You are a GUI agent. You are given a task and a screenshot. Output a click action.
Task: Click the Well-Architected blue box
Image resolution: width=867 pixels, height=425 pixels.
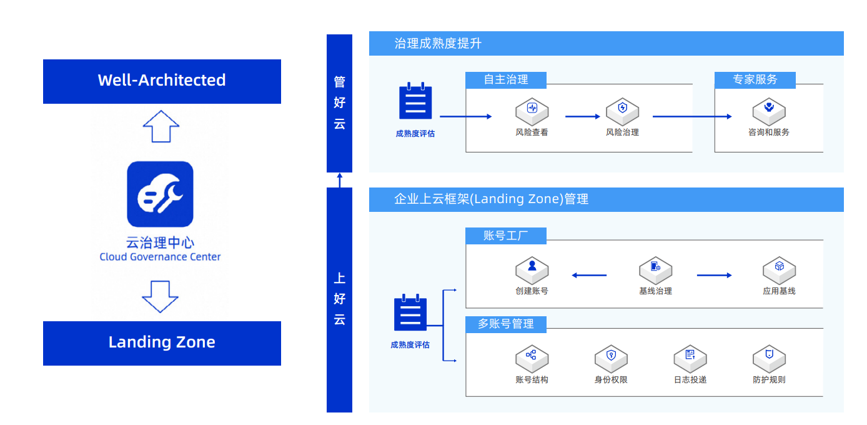[x=162, y=81]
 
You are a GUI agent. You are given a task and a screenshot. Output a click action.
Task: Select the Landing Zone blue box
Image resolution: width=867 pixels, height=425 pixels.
[x=162, y=342]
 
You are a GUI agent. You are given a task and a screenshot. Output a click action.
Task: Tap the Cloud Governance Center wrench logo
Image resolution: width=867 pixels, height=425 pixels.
[x=160, y=194]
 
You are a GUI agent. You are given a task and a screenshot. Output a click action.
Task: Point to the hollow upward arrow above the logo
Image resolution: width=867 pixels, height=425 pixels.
[x=161, y=126]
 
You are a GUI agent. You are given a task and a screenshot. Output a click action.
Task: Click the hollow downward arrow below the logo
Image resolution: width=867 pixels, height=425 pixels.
[x=161, y=296]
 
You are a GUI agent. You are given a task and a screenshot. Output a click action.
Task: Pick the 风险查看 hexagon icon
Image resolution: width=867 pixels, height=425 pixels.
[x=532, y=110]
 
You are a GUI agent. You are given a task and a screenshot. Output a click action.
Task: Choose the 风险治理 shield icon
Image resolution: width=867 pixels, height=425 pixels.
[x=622, y=110]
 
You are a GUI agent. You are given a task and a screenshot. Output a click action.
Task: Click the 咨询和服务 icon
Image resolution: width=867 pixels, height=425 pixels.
[x=768, y=110]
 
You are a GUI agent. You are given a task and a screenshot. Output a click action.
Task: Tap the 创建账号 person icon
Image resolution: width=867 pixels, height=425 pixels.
[x=532, y=269]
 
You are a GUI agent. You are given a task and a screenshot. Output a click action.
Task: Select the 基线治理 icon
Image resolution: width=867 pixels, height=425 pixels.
[x=655, y=269]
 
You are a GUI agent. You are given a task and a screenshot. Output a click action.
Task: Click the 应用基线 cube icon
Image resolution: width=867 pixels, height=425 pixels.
[x=779, y=269]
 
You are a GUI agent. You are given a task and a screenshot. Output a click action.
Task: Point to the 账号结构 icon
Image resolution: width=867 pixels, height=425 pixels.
[x=532, y=357]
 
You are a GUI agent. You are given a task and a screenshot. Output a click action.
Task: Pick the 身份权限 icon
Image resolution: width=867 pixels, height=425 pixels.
[x=611, y=357]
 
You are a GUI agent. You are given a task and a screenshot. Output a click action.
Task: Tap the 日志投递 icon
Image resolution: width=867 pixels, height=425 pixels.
[x=690, y=357]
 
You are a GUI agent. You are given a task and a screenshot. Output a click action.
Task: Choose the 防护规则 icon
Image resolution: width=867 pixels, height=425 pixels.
[x=769, y=357]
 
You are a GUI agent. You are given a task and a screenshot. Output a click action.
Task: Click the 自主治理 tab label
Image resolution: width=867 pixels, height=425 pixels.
[x=506, y=80]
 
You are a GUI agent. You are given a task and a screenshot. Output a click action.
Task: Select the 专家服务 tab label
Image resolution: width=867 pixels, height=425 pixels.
[x=755, y=80]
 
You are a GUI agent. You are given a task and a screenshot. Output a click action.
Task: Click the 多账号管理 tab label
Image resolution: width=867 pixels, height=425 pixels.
[x=506, y=324]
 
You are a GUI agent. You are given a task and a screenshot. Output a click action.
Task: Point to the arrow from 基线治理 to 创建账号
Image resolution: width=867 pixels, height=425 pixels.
[x=589, y=275]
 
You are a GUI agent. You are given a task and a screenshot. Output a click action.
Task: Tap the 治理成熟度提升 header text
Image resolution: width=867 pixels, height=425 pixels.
[x=438, y=44]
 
